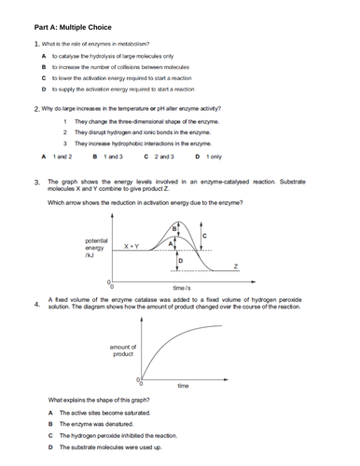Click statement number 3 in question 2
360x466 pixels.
point(63,144)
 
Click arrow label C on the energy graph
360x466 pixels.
point(204,237)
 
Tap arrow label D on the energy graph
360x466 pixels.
point(179,261)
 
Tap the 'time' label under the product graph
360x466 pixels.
point(183,386)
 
